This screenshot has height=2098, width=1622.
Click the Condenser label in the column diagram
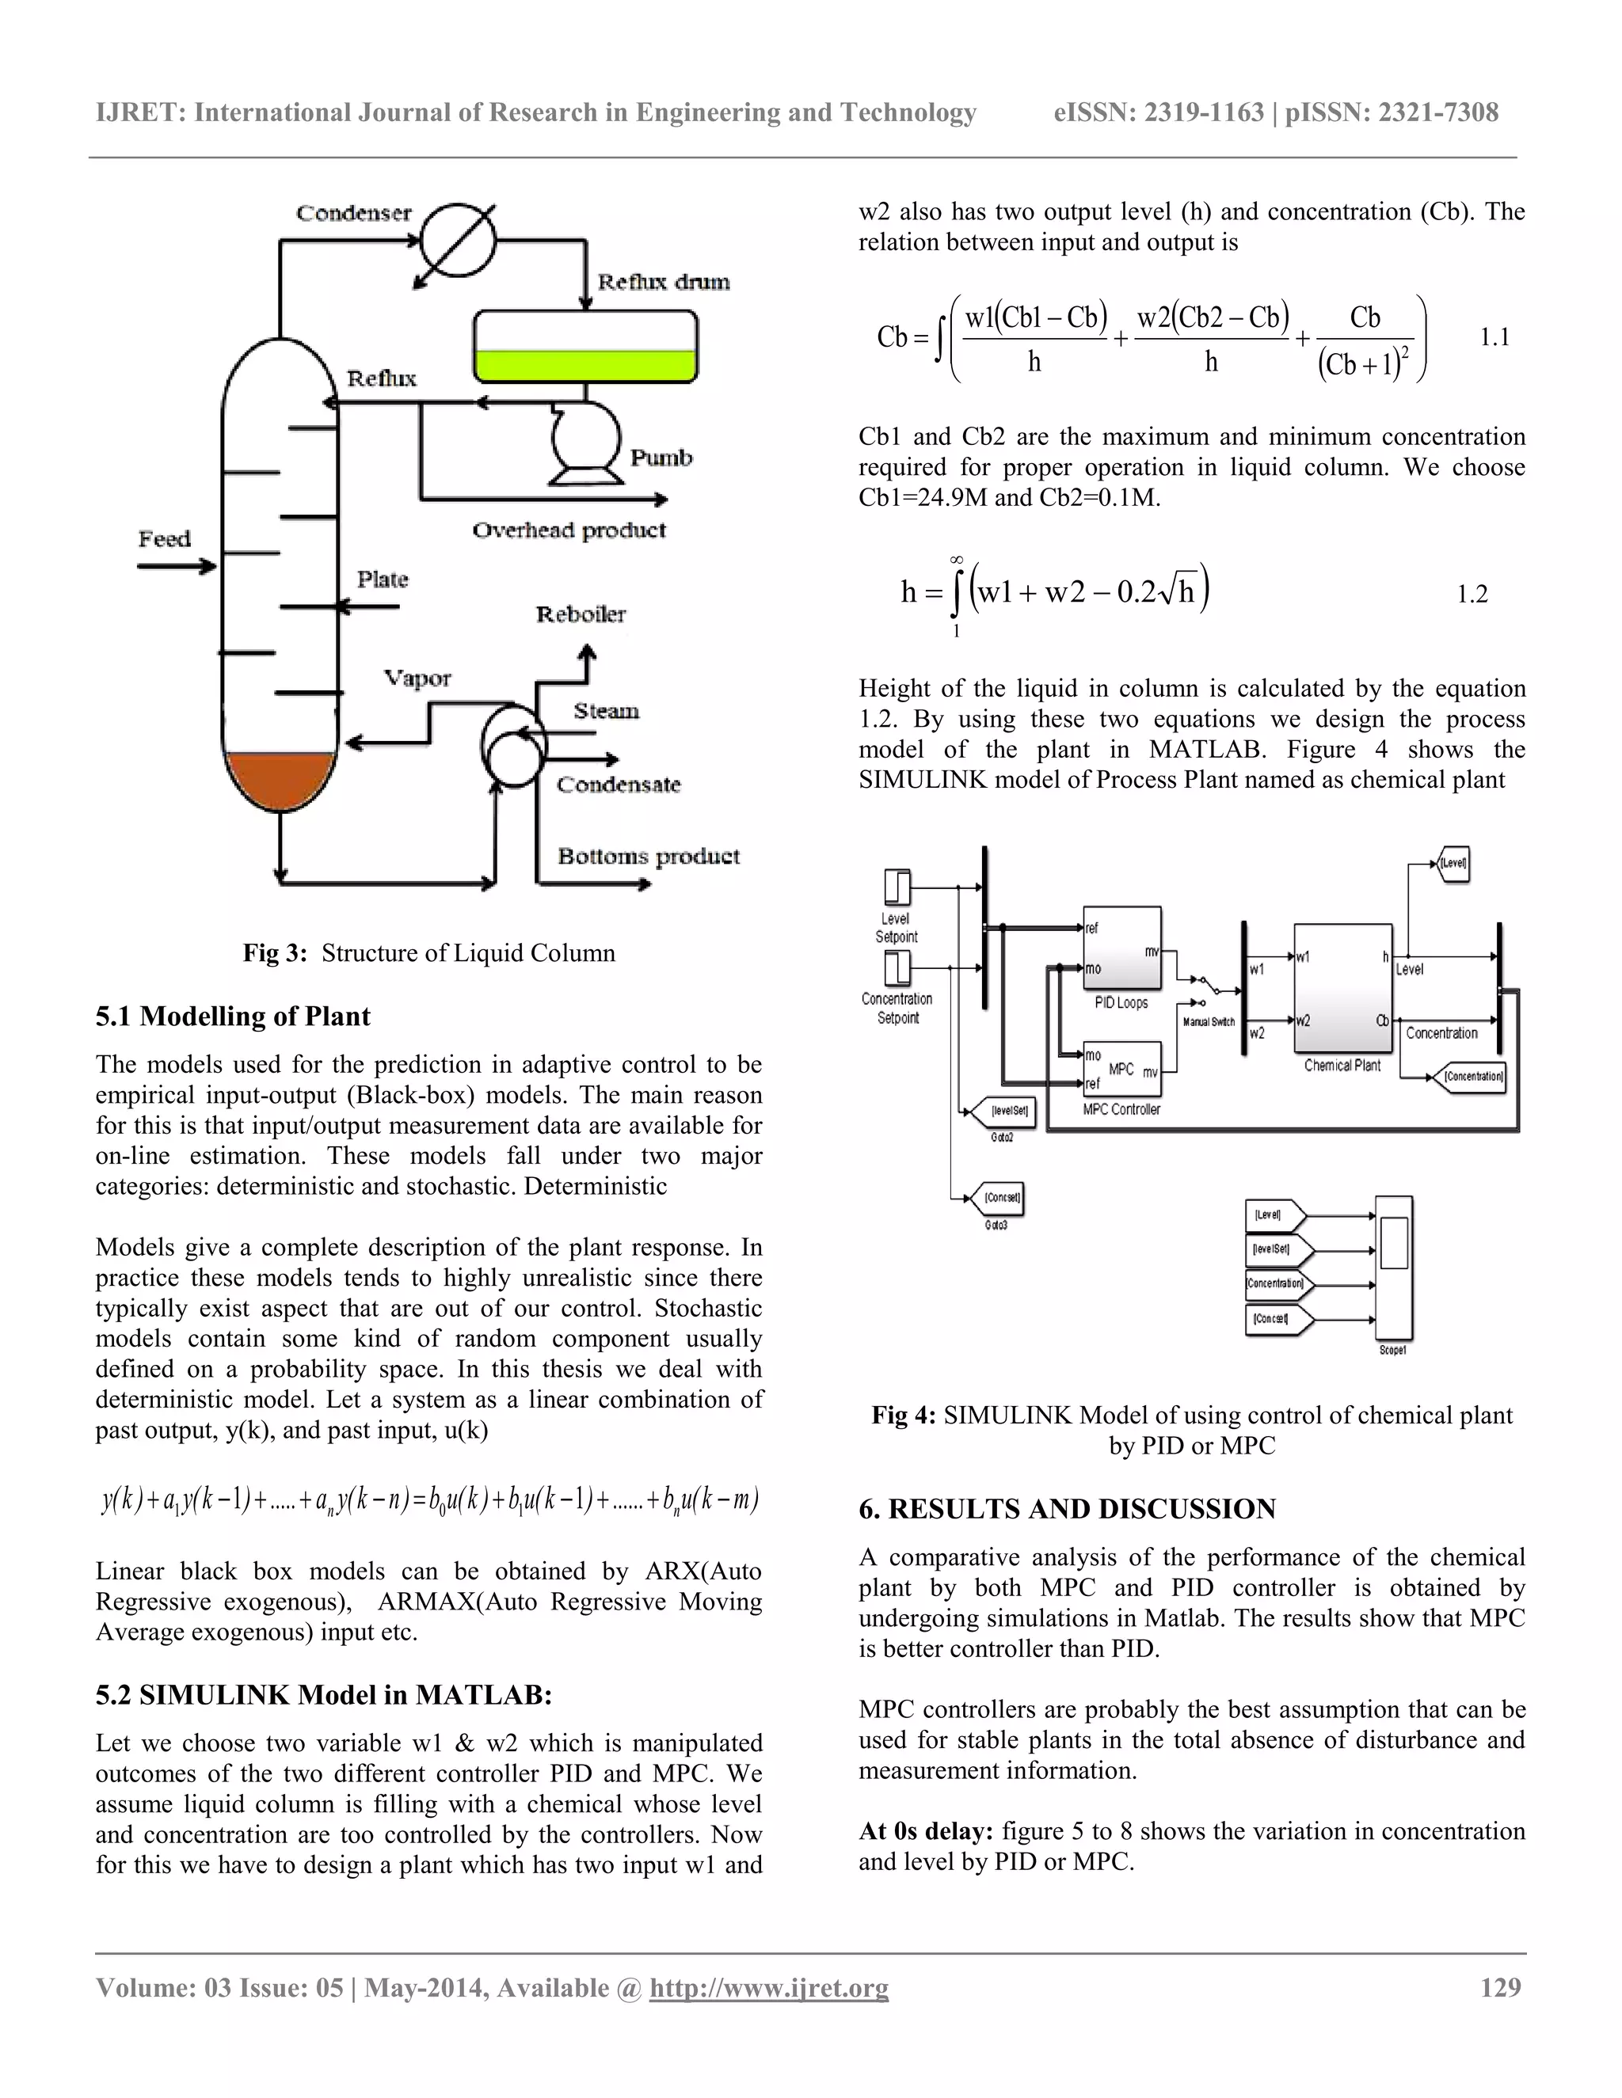click(352, 212)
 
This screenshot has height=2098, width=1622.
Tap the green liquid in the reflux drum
click(585, 365)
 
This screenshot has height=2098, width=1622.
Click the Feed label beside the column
click(164, 539)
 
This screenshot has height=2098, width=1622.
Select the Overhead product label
click(569, 530)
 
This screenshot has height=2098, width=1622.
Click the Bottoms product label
click(649, 856)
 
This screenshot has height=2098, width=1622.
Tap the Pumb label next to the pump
click(661, 458)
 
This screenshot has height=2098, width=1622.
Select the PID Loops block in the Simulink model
click(1121, 948)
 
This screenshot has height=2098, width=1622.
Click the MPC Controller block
click(1121, 1069)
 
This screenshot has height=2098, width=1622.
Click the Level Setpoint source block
click(896, 886)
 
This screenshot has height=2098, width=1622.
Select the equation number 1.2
click(1472, 595)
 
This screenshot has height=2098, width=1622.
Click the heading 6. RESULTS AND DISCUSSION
click(1067, 1509)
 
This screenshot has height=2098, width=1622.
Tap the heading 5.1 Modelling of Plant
click(233, 1017)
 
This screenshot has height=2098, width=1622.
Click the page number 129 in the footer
click(1500, 1987)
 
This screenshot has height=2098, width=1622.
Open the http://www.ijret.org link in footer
click(769, 1987)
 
